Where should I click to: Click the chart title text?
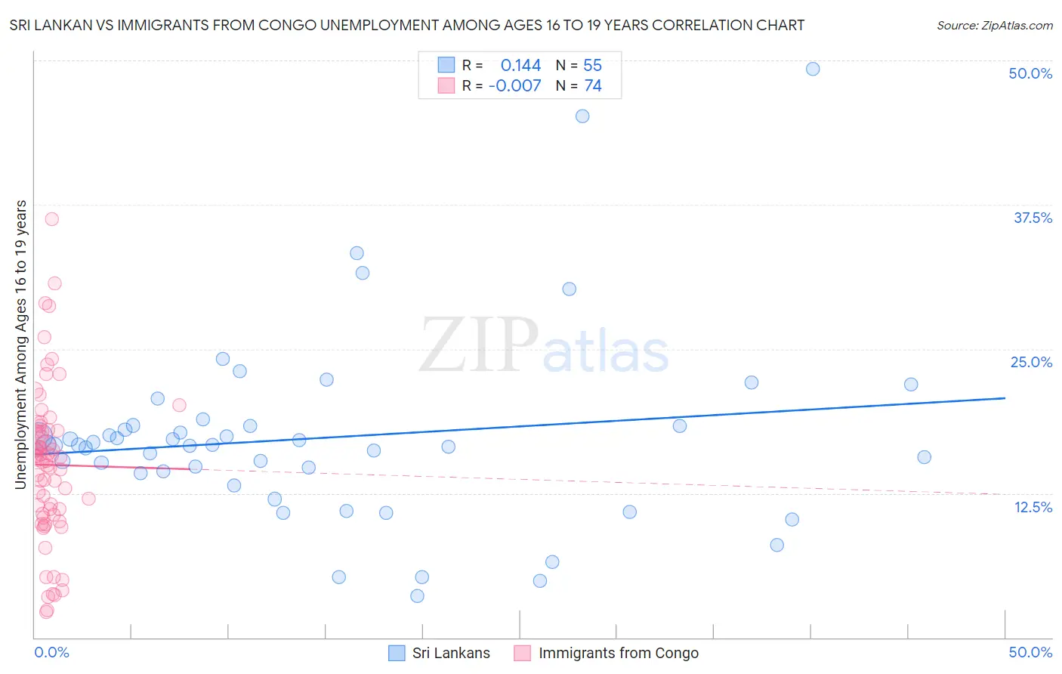click(406, 25)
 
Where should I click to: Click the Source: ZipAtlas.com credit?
click(994, 25)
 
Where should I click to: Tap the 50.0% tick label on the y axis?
click(1030, 73)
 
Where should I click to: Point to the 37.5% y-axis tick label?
click(1033, 218)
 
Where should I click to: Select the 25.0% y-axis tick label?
click(1031, 362)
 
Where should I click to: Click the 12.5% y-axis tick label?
click(1033, 507)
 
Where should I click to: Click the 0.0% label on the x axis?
click(51, 652)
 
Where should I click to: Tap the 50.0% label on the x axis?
click(1030, 652)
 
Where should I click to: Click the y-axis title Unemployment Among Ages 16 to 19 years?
click(21, 345)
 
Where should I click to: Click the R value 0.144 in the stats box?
click(520, 66)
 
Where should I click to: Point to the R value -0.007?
click(514, 86)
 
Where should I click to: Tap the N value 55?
click(592, 66)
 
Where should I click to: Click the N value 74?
click(592, 86)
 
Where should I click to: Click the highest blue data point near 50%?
click(813, 69)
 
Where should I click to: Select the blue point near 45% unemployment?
click(582, 116)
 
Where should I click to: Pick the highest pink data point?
click(52, 219)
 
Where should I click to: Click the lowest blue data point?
click(417, 596)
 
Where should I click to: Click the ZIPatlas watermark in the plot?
click(544, 346)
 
